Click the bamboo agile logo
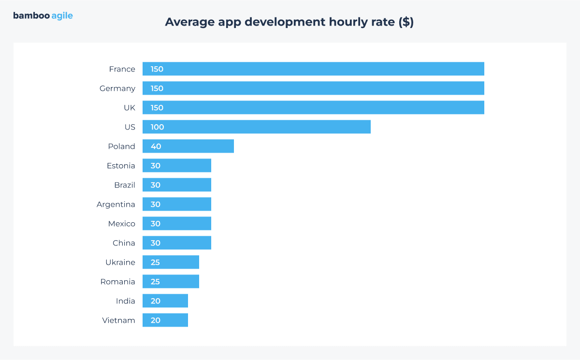[43, 16]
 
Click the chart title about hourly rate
[289, 22]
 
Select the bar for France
[313, 69]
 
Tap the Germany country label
[117, 88]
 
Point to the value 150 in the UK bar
[157, 108]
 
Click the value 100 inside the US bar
[157, 127]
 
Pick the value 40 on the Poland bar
[156, 146]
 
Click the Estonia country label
[121, 166]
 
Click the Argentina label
[116, 204]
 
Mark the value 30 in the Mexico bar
[155, 224]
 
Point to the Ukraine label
[120, 262]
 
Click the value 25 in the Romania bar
[155, 282]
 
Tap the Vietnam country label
[119, 320]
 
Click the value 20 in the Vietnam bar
[155, 320]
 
